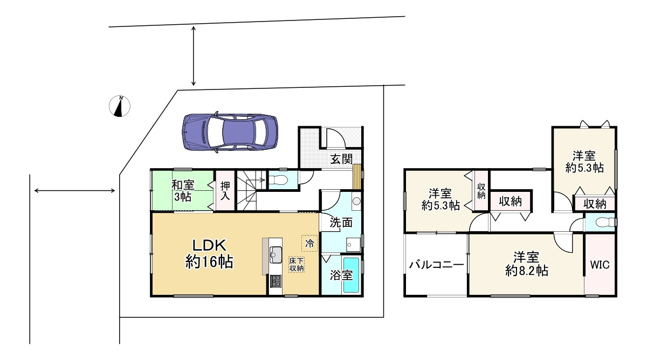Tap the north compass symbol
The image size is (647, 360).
121,106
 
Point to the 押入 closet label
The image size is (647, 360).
225,190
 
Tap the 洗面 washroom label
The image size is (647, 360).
341,221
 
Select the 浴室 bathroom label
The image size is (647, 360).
342,275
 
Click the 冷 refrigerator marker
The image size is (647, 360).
309,243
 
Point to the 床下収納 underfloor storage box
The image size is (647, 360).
296,264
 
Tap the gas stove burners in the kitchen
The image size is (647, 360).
275,281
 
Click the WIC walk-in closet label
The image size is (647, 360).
600,265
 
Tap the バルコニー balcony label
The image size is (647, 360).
436,265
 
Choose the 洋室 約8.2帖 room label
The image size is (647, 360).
526,264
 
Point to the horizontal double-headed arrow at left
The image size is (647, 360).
74,190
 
